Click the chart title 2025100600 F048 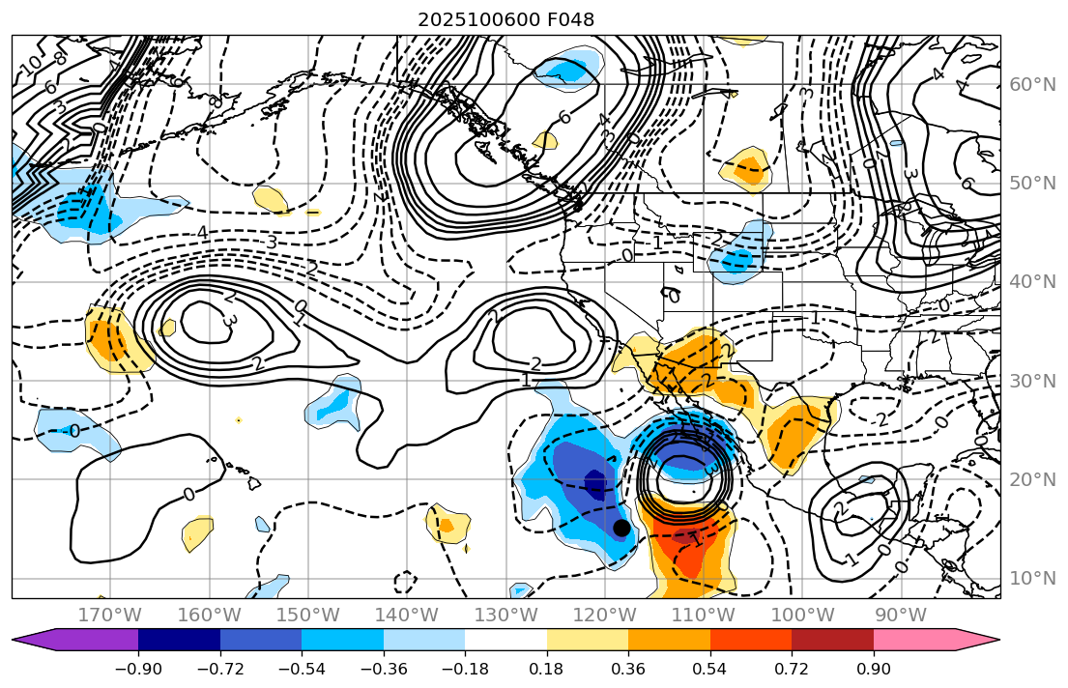[505, 19]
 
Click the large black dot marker [621, 528]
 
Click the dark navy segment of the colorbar [179, 640]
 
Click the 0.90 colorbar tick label [874, 671]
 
